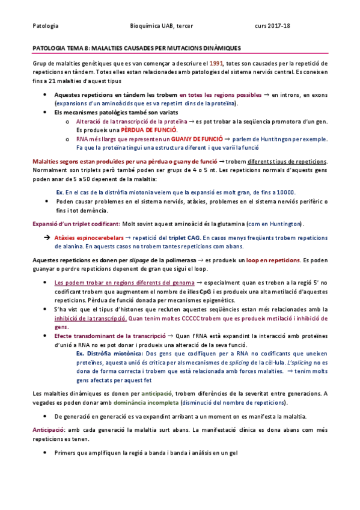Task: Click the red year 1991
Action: point(218,63)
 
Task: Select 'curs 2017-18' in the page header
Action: point(272,26)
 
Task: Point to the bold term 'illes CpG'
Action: point(222,291)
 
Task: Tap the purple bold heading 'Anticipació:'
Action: point(48,431)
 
